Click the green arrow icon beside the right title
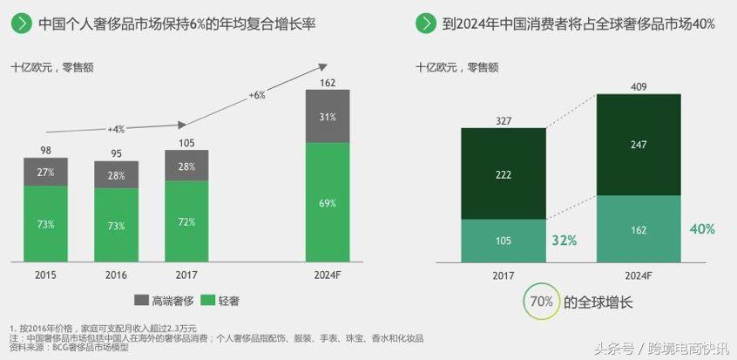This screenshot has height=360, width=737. click(x=426, y=24)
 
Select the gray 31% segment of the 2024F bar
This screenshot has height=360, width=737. click(x=328, y=117)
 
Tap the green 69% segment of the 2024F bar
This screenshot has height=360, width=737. click(x=328, y=202)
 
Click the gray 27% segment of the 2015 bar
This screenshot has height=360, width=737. click(x=45, y=173)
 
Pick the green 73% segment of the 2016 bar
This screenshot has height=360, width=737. click(x=116, y=225)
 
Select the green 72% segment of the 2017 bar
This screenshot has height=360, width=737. click(x=186, y=222)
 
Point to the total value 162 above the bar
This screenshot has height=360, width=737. click(x=328, y=83)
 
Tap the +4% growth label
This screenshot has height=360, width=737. click(x=116, y=129)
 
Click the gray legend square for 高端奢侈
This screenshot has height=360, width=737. click(x=141, y=300)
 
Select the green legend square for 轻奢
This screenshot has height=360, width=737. click(x=208, y=300)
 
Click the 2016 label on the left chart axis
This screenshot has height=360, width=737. click(x=116, y=275)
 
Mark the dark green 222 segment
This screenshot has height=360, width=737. click(x=504, y=173)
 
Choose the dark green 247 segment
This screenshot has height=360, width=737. click(x=639, y=145)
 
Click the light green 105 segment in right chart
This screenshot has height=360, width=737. click(x=504, y=241)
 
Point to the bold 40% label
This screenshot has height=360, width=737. click(x=702, y=229)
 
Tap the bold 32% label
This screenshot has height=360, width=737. click(x=564, y=241)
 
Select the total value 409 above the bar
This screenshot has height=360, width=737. click(x=639, y=86)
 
